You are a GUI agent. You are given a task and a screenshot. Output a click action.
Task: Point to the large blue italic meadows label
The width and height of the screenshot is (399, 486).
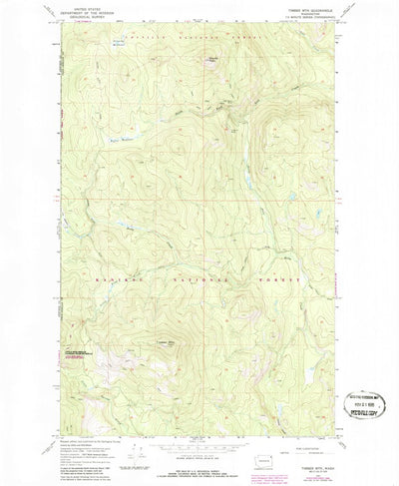click(121, 143)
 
